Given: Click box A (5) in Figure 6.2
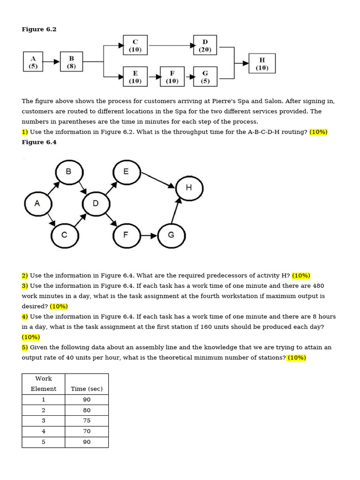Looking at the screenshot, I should pos(33,61).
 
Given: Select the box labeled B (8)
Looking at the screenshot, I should pos(71,61).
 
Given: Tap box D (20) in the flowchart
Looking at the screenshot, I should pos(205,45).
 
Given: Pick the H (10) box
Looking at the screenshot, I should pos(262,63).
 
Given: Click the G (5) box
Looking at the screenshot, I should pos(205,76).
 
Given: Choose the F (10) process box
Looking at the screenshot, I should pos(172,76).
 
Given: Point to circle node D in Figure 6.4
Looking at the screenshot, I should pos(96,203).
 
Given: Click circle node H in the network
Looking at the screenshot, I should pos(189,187).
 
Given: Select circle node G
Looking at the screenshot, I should pos(171,235).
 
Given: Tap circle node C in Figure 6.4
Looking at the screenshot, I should pos(65,235).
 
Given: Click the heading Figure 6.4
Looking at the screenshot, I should pos(39,142).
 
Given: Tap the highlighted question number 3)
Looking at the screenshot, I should pos(25,285).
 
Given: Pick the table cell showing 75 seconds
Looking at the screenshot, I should pos(87,420).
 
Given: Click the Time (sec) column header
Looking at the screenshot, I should pos(87,389).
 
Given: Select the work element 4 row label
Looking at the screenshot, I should pos(44,431).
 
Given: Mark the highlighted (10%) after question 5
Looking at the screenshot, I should pos(296,358).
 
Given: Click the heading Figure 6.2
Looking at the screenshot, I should pos(39,29).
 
